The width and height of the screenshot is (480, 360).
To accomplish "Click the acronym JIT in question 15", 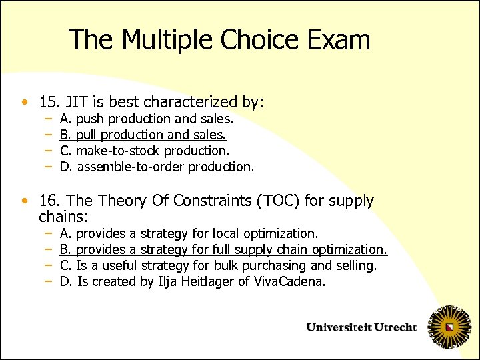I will [76, 102].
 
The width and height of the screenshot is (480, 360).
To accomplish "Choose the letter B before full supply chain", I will [65, 249].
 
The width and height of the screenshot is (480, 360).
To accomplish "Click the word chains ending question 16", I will [63, 217].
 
